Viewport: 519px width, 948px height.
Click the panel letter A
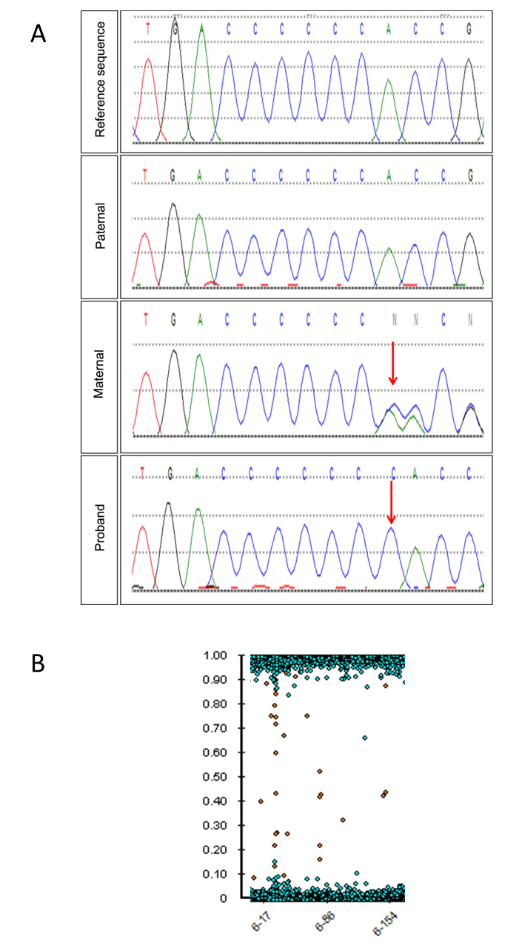coord(38,33)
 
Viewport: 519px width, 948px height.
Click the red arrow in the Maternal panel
coord(392,363)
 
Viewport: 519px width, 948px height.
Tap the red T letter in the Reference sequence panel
coord(147,29)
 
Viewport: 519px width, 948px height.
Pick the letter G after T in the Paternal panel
coord(173,174)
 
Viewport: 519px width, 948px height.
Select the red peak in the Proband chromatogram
coord(144,555)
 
